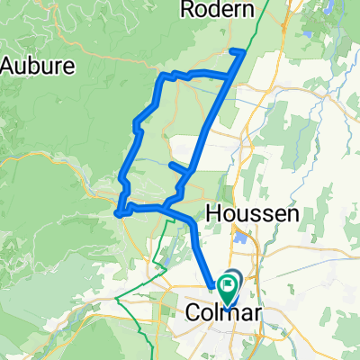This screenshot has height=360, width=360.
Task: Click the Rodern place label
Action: [x=212, y=9]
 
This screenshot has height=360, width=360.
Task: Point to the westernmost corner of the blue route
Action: [x=118, y=213]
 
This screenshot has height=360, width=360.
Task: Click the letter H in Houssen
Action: [x=213, y=213]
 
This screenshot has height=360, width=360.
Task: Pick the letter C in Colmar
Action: [x=193, y=312]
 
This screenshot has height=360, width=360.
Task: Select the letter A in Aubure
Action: [x=8, y=67]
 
